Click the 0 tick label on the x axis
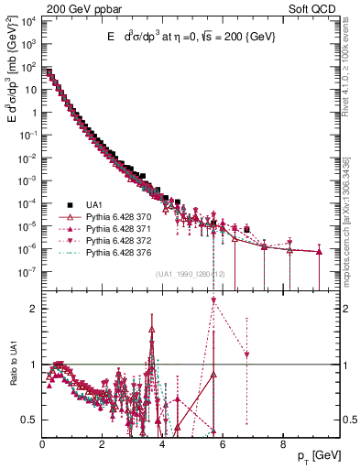coord(43,444)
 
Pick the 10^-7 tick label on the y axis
coord(27,271)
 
